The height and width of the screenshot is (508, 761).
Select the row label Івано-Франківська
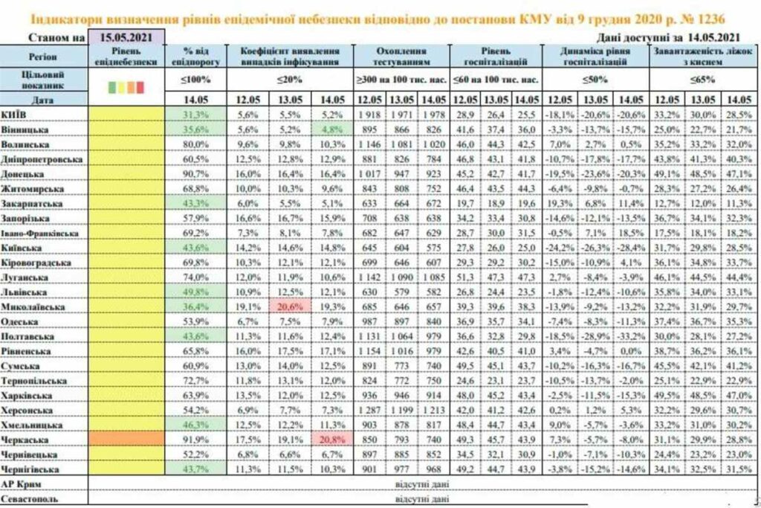pos(41,233)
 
